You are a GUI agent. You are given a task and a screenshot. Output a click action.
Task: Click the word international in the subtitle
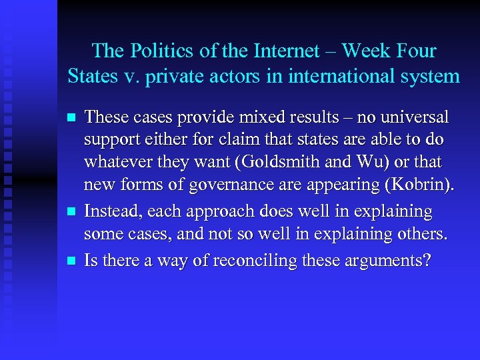coord(345,76)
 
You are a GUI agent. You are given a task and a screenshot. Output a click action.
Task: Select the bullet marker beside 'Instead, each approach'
coord(71,212)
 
